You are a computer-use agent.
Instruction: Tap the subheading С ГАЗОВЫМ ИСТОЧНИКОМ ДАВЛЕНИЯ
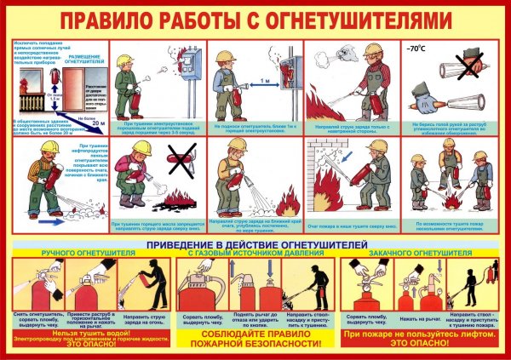254,254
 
